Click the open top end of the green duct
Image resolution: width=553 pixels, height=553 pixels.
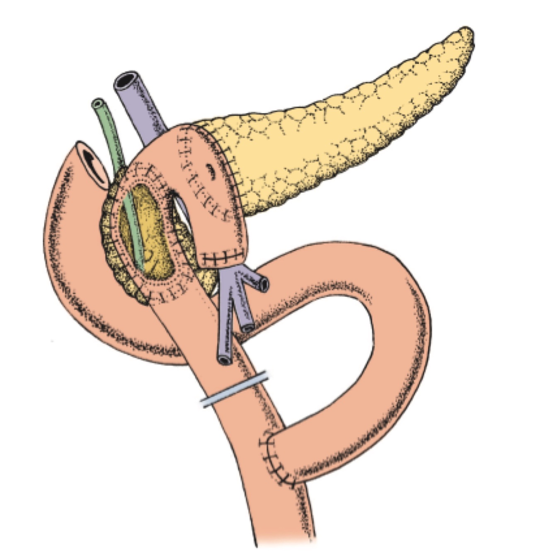click(98, 103)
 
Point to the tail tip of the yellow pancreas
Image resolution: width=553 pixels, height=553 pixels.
click(468, 35)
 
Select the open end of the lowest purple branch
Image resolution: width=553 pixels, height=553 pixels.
click(225, 360)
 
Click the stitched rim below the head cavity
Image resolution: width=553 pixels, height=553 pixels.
click(166, 292)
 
